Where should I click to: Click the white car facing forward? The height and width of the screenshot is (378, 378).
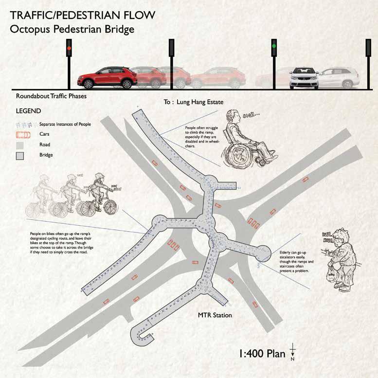pyautogui.click(x=304, y=78)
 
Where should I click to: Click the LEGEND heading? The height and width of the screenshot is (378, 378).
pyautogui.click(x=28, y=111)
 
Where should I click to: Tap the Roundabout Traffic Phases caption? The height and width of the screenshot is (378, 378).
pyautogui.click(x=48, y=96)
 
